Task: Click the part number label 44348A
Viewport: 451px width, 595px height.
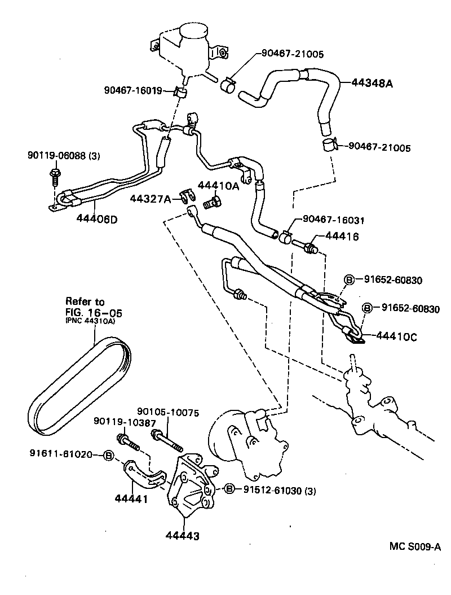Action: point(372,82)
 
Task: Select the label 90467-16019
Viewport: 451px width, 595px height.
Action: point(133,90)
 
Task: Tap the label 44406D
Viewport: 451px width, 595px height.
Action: point(97,220)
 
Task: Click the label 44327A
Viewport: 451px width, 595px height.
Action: point(149,198)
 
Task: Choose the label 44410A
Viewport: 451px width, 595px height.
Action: point(218,185)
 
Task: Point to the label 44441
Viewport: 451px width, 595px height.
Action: point(131,498)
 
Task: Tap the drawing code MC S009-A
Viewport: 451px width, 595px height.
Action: point(414,546)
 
